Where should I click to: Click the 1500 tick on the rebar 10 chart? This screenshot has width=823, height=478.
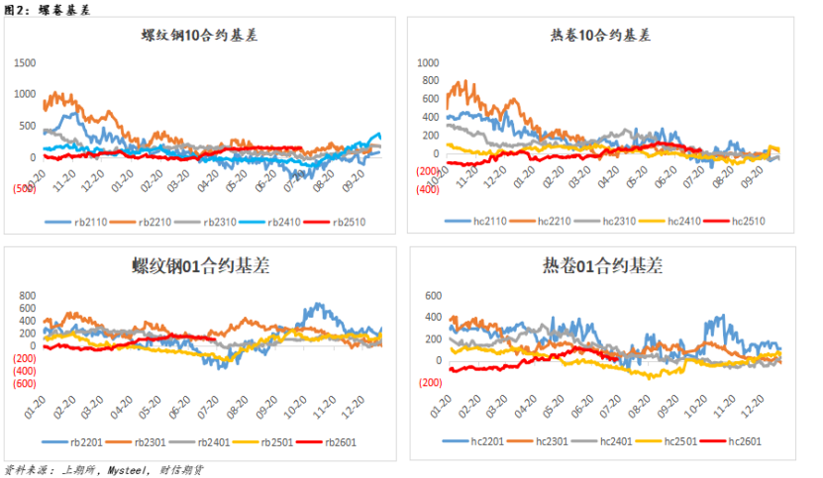24,62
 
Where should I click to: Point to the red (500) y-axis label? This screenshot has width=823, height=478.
24,190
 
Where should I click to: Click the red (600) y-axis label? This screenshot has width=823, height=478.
24,383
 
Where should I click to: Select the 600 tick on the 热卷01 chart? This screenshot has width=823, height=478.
431,296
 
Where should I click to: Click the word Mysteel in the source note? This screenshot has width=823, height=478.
128,470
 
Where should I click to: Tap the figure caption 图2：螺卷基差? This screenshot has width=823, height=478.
46,9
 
